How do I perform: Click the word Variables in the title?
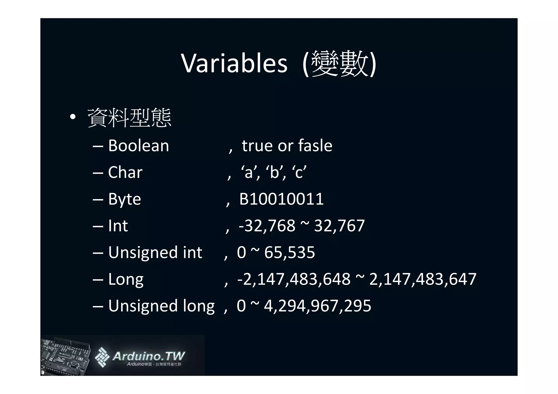(234, 63)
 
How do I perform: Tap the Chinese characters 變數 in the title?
(340, 63)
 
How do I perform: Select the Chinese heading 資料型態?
(129, 118)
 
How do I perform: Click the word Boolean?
(138, 146)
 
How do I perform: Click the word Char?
(125, 172)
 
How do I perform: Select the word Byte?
(125, 199)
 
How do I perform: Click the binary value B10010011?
(281, 199)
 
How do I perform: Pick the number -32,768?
(267, 226)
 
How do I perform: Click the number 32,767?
(339, 226)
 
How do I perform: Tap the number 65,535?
(289, 252)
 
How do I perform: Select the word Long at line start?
(126, 279)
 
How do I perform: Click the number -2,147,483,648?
(294, 279)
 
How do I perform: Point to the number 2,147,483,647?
(423, 279)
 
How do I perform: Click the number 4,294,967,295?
(317, 306)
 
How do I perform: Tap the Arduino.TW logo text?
(148, 356)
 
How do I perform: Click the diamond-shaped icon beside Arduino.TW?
(102, 357)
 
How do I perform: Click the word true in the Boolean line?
(257, 146)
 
